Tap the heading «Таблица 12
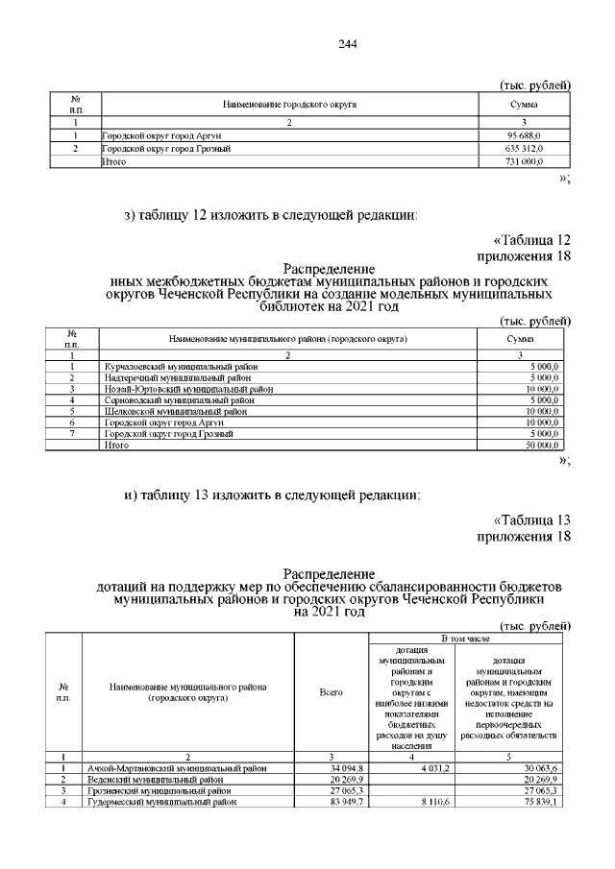point(531,238)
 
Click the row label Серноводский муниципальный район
point(167,400)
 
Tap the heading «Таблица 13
point(531,519)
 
